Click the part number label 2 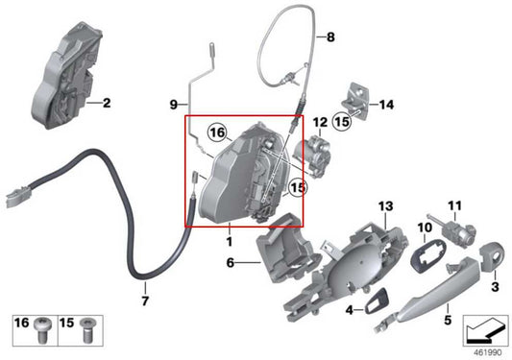click(107, 102)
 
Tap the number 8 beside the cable click(330, 38)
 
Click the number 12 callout click(292, 122)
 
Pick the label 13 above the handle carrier click(385, 206)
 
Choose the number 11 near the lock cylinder click(454, 205)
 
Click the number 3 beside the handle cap click(496, 285)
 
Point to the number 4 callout click(350, 309)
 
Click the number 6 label click(231, 262)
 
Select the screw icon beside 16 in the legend click(43, 326)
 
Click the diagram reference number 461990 click(483, 352)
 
